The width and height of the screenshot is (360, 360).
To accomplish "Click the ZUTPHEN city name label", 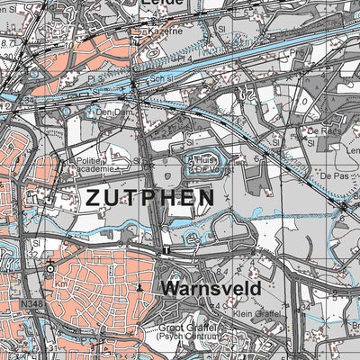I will click(150, 197).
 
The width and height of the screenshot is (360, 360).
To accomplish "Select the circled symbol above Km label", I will click(51, 267).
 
